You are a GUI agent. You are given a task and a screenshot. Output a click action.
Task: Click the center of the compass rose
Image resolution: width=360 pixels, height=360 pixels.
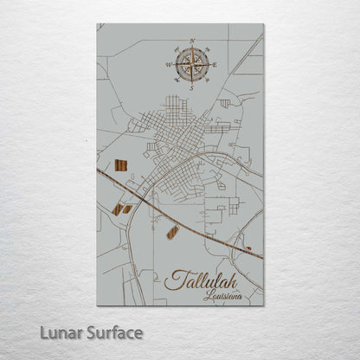191,64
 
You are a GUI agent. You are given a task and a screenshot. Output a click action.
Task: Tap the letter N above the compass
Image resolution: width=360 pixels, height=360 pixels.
191,41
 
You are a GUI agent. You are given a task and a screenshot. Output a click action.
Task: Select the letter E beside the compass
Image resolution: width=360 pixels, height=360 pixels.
215,65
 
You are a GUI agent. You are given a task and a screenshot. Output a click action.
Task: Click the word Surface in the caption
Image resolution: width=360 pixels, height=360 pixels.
109,331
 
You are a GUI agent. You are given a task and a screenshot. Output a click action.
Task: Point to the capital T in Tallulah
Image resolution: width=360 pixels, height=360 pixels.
171,279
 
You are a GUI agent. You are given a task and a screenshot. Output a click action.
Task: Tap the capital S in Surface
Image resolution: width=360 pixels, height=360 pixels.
80,331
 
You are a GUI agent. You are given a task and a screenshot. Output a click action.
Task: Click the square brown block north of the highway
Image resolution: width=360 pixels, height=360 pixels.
120,165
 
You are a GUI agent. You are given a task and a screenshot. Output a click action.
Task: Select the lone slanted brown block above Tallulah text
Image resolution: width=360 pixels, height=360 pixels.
172,232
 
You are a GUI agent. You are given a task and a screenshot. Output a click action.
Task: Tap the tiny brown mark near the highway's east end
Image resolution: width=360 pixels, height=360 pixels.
249,249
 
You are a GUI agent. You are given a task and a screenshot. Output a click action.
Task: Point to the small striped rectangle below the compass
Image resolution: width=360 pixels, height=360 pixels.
225,104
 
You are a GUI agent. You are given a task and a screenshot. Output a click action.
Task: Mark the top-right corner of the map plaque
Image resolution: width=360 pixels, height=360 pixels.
263,24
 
